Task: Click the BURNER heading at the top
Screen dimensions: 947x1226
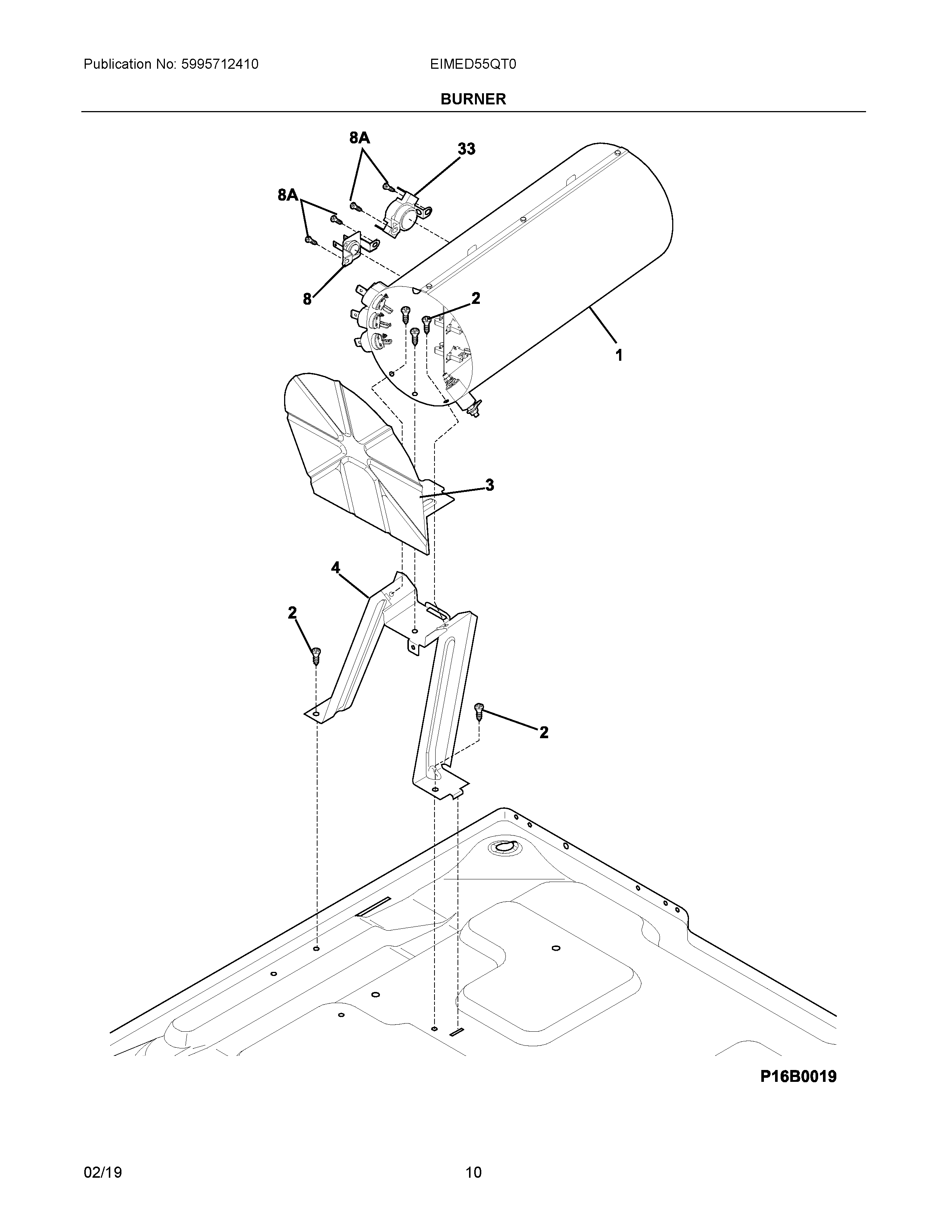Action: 473,99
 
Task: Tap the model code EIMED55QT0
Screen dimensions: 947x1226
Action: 473,65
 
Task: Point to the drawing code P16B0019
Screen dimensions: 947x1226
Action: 798,1077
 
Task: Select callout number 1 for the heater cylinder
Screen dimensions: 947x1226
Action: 619,355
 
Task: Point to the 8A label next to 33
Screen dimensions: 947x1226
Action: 359,138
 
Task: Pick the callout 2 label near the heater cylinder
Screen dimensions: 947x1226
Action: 476,298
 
